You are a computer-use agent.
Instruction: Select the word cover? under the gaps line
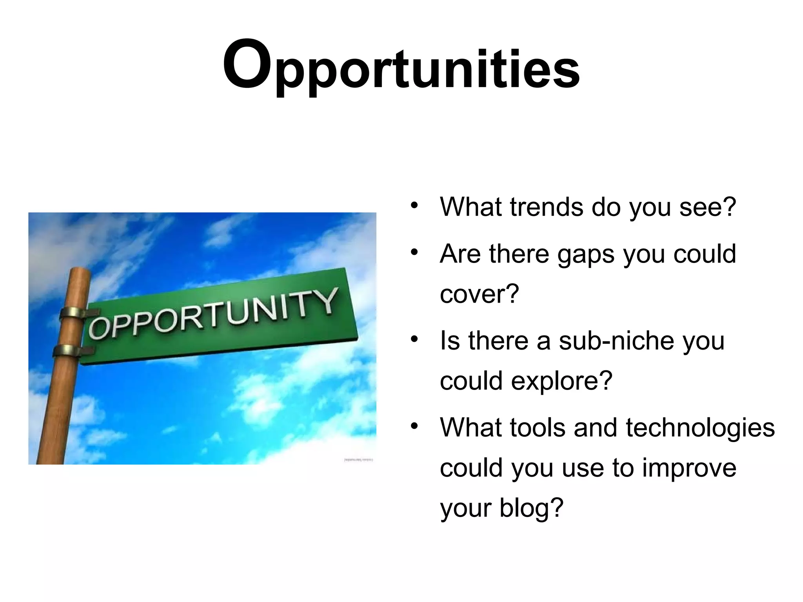(x=479, y=294)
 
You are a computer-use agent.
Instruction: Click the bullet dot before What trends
(x=414, y=205)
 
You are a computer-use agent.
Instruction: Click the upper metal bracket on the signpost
(x=76, y=314)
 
